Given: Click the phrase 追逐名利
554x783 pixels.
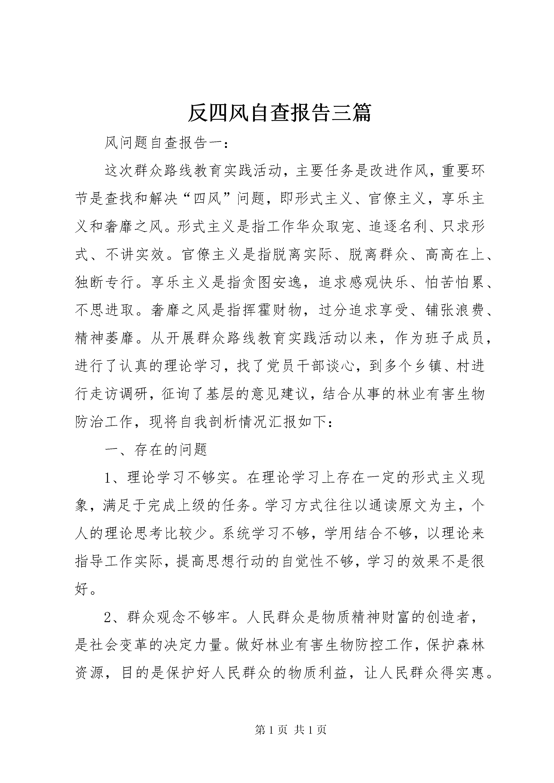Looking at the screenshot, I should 398,227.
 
